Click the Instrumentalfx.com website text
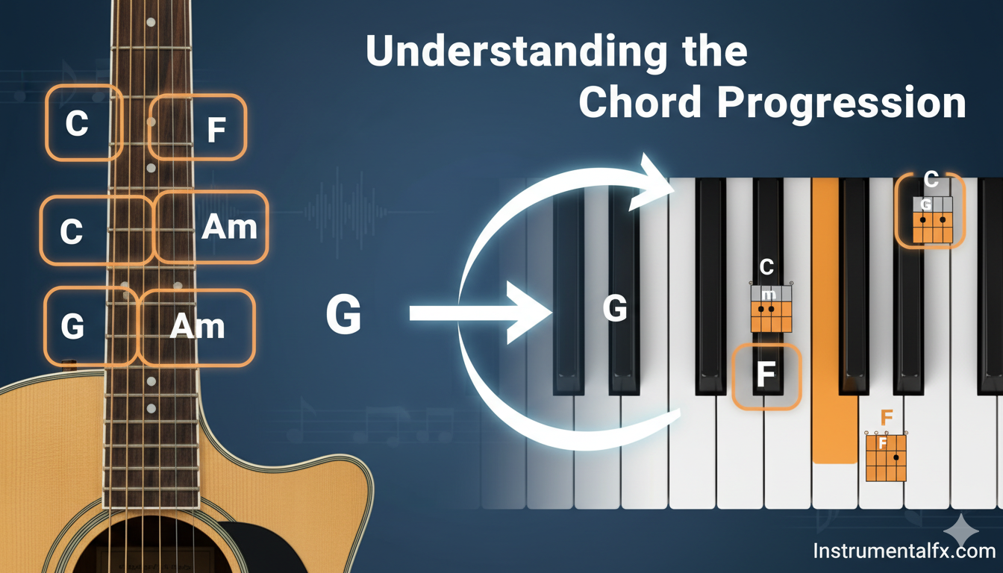coord(904,551)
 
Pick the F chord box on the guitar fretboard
coord(197,127)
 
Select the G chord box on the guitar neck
coord(91,327)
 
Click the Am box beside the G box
coord(196,328)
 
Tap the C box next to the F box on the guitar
coord(84,122)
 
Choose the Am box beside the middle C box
coord(210,227)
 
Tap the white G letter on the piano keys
coord(615,308)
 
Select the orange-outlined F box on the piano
coord(766,377)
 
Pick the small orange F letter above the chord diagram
coord(887,418)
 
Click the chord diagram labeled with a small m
coord(771,308)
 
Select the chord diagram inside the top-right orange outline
coord(933,220)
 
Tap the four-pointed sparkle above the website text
coord(961,531)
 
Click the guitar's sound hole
coord(157,548)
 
